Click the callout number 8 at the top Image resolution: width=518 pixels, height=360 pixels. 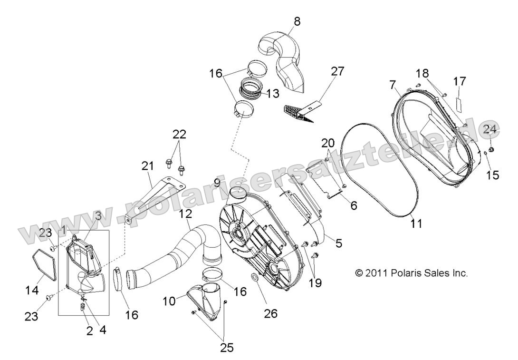pyautogui.click(x=297, y=21)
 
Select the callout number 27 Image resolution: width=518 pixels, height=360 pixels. pyautogui.click(x=338, y=72)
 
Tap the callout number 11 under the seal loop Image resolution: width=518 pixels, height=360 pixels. pyautogui.click(x=416, y=222)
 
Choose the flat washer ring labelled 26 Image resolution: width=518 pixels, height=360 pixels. pyautogui.click(x=254, y=277)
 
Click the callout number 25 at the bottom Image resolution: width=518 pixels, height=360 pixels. pyautogui.click(x=227, y=348)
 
